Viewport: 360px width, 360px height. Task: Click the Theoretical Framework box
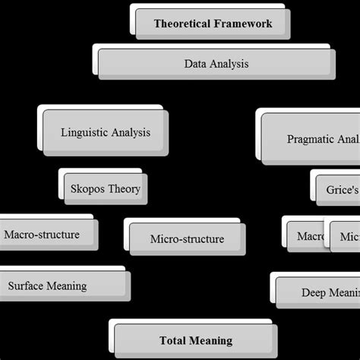(x=213, y=24)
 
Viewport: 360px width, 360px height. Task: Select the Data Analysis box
(x=216, y=64)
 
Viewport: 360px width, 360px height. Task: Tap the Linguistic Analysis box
(x=106, y=132)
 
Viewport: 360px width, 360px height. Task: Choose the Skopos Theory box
(x=105, y=188)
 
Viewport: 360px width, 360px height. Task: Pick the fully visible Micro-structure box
(x=187, y=239)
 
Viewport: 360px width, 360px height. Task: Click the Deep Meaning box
(x=317, y=292)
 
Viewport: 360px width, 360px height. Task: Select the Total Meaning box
(x=196, y=340)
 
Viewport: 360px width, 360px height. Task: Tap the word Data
(x=196, y=64)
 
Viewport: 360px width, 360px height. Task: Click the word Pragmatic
(x=311, y=139)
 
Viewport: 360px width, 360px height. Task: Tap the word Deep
(x=314, y=292)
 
